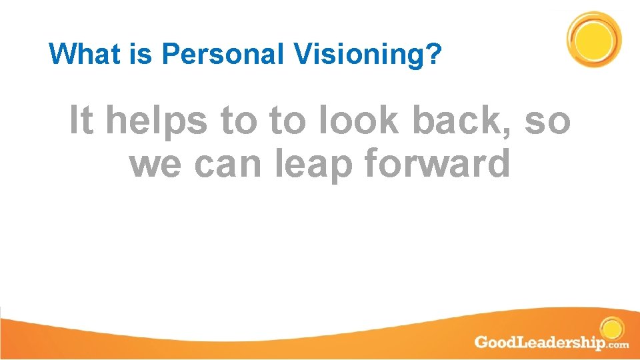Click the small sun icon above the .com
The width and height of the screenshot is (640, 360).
tap(611, 329)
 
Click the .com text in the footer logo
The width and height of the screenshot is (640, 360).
tap(617, 345)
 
